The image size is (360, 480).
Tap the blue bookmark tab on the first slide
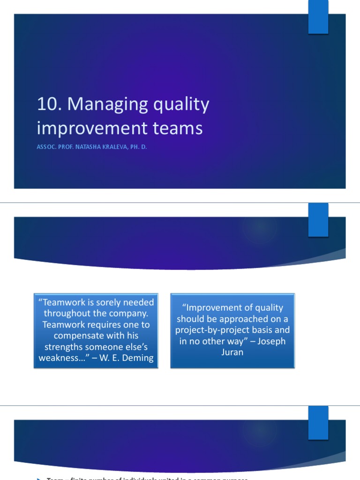point(318,17)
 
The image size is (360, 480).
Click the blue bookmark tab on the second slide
point(318,219)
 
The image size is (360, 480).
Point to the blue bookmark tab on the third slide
point(318,422)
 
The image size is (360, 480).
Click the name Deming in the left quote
point(138,358)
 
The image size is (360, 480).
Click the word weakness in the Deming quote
point(59,358)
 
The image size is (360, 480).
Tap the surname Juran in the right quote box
point(232,352)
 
